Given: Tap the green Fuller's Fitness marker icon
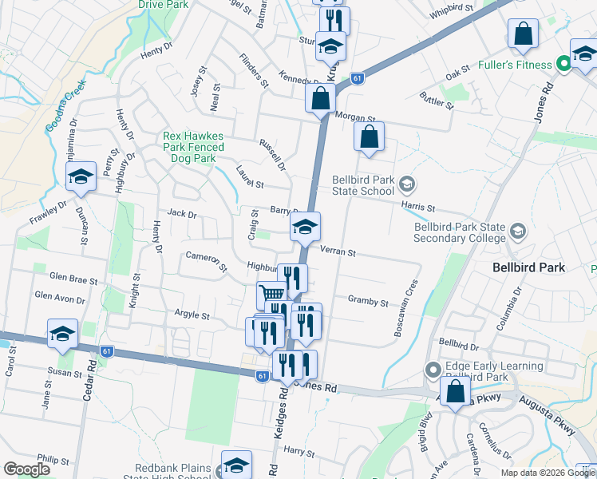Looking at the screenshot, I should coord(563,62).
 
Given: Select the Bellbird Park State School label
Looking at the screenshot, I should coord(363,186).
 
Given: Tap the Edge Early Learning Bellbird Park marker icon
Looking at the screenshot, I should coord(433,370).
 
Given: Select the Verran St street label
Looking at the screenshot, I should coord(337,252).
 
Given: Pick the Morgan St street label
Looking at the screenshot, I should coord(356,117).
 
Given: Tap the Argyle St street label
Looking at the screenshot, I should coord(192,316).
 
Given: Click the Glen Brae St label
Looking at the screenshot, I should coord(73,281).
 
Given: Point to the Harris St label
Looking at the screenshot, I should coord(419,208).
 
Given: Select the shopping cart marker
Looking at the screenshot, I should coord(272,295).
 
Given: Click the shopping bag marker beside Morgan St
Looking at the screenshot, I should coord(320,99).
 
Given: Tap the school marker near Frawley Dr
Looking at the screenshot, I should coord(81,177).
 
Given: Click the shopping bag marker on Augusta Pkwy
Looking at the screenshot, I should coord(455,393).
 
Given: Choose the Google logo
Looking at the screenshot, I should coord(26,469).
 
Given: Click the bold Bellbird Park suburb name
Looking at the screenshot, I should coord(529,267).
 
